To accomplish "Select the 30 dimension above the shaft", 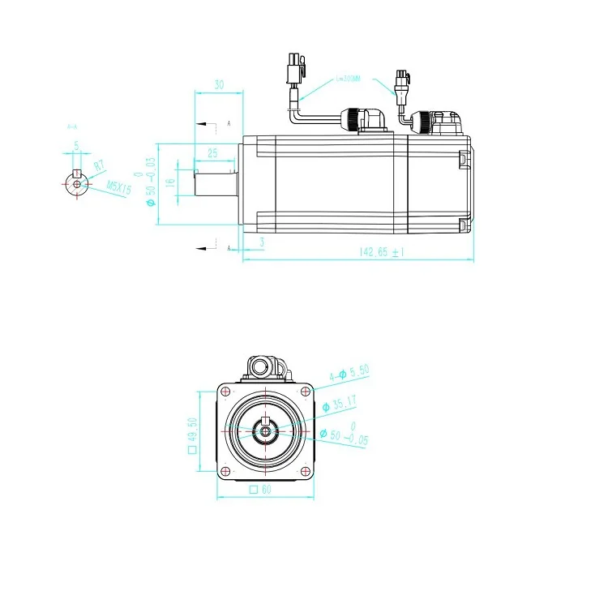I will pos(219,84).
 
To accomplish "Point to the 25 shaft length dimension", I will pos(212,152).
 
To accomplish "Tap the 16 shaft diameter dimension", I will pos(170,182).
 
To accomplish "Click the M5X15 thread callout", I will pos(119,187).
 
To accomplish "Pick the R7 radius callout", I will pos(99,166).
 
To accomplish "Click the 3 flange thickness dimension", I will pos(262,242).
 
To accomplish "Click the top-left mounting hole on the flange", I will pos(225,392).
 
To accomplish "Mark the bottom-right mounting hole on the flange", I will pos(305,472).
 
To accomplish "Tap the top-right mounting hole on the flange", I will pos(305,392).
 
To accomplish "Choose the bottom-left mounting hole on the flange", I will pos(225,472).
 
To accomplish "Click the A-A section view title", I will pos(71,126).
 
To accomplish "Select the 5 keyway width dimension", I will pos(76,146).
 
